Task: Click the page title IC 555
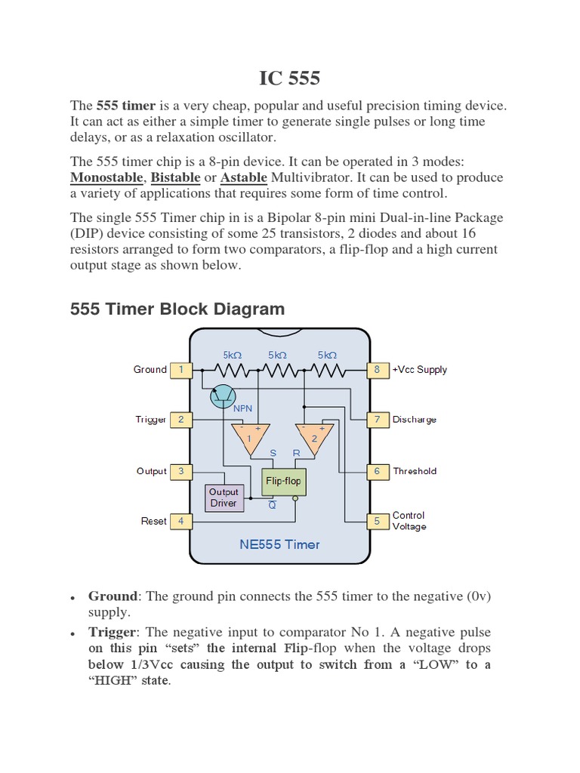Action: click(290, 78)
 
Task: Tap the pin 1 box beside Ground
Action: click(180, 370)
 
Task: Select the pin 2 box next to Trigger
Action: click(180, 420)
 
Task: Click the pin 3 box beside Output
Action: click(180, 471)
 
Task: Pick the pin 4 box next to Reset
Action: click(180, 521)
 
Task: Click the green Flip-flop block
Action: click(282, 481)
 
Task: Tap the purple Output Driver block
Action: click(224, 497)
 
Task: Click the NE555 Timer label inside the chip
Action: click(279, 544)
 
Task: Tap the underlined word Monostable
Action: click(106, 178)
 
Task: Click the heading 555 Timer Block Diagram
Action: click(177, 309)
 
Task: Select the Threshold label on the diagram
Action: click(415, 471)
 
